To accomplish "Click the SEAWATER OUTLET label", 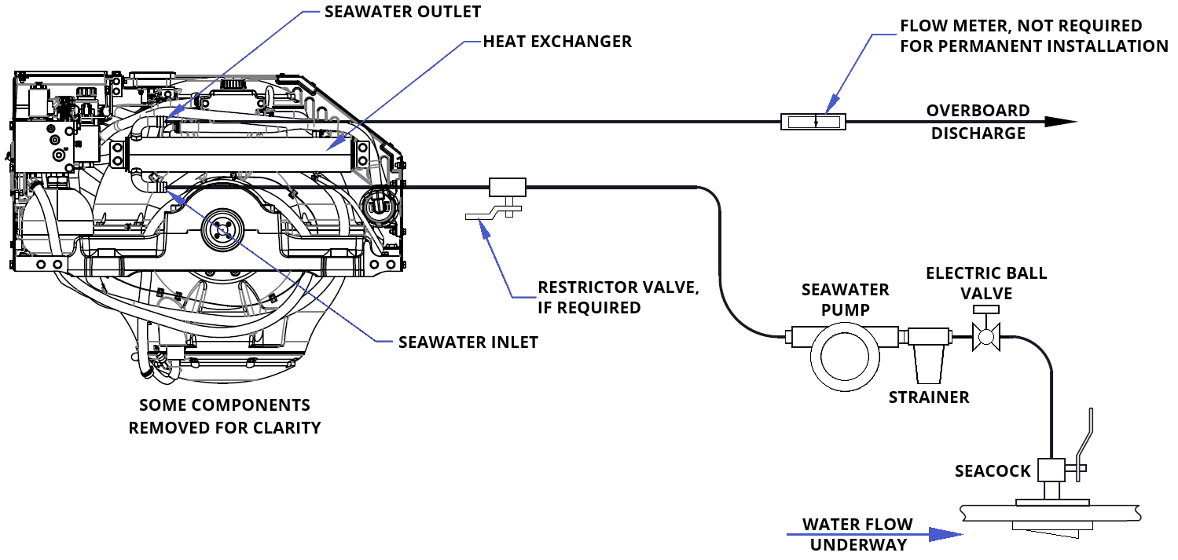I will click(x=402, y=12).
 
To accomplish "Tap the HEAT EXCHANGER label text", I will click(x=557, y=42).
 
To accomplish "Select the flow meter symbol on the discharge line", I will click(x=813, y=122).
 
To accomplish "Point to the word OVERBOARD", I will click(x=978, y=111).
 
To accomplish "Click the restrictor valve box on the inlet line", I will click(x=508, y=187).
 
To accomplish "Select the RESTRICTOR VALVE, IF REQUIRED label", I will click(x=618, y=297).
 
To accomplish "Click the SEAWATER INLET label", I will click(x=468, y=342).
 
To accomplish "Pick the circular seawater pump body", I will click(x=845, y=357).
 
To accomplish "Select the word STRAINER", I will click(x=929, y=397).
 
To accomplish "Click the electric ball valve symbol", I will click(x=985, y=338).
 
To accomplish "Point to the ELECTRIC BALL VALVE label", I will click(x=985, y=283).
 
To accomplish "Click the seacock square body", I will click(x=1051, y=470).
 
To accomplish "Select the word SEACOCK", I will click(x=993, y=471).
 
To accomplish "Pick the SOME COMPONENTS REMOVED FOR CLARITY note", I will click(x=225, y=417).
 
